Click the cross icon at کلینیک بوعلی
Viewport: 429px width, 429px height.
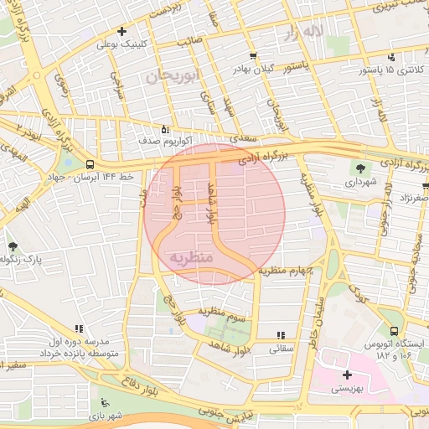122,31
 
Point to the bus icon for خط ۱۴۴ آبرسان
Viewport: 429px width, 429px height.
89,164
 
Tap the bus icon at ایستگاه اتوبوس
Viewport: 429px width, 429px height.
394,333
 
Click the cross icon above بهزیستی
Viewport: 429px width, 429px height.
347,375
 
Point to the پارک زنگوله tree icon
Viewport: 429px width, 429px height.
13,246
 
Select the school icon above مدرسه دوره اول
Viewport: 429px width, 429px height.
79,329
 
